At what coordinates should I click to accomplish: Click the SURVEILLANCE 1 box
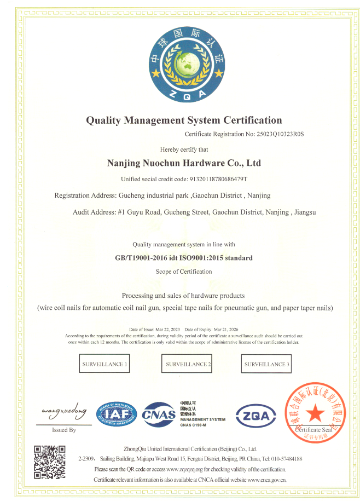click(x=104, y=364)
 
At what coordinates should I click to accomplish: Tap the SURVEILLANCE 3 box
click(x=267, y=364)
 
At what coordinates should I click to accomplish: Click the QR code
click(x=50, y=462)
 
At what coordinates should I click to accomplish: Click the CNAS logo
click(x=159, y=415)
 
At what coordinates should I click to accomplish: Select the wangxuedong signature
click(x=64, y=410)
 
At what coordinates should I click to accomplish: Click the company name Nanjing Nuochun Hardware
click(x=184, y=163)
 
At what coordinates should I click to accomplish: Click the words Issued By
click(x=63, y=430)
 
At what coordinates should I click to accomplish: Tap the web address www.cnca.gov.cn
click(x=266, y=480)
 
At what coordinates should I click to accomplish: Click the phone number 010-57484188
click(x=283, y=459)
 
